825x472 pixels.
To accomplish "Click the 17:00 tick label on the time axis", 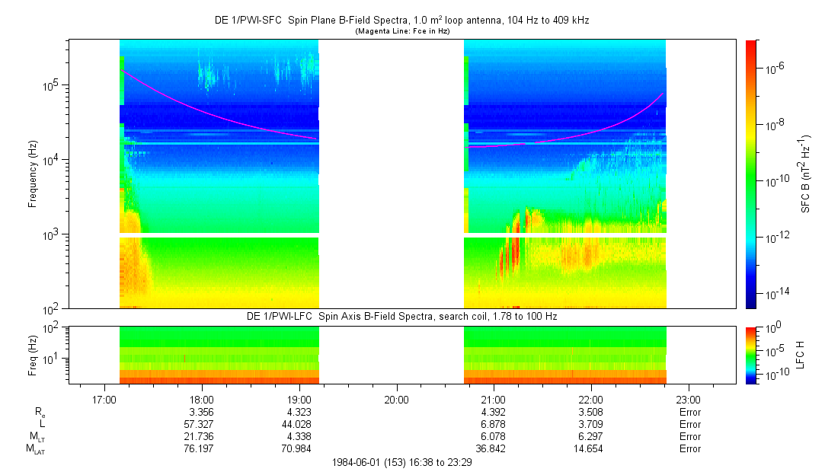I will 104,399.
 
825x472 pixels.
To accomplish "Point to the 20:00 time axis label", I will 396,399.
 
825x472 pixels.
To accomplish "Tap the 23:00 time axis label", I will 689,399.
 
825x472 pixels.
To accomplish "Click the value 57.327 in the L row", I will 201,424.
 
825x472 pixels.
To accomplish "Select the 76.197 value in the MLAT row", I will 201,448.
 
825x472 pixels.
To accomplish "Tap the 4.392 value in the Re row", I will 494,412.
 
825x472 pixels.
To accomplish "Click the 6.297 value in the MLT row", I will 591,436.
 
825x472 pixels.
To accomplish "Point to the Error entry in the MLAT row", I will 689,448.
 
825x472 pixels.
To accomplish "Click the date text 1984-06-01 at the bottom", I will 362,462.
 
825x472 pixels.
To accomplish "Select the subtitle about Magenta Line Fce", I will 402,31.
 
